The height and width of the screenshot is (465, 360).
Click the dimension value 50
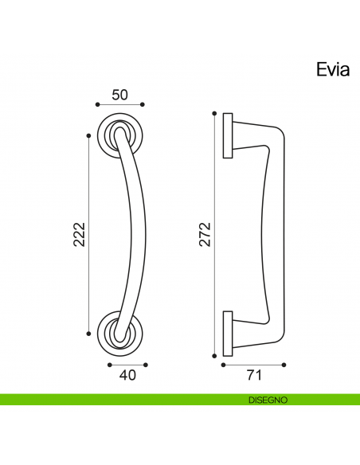coord(119,95)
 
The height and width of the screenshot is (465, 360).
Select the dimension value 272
coord(205,234)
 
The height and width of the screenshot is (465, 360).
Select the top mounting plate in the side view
coord(228,135)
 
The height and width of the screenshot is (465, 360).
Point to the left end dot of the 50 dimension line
coord(96,104)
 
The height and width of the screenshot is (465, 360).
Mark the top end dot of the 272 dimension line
coord(214,114)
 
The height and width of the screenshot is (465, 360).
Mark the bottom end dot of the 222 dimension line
coord(88,333)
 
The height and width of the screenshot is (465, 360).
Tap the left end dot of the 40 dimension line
coord(108,363)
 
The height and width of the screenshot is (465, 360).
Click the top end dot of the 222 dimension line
coord(88,135)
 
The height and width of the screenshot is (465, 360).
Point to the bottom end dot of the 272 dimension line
coord(214,354)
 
